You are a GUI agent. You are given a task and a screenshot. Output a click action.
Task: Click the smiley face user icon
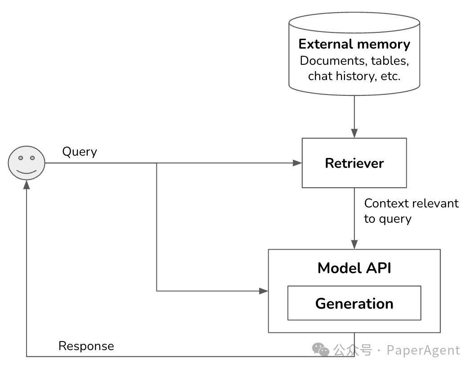(x=27, y=163)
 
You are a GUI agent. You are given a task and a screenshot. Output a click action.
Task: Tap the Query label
(x=80, y=152)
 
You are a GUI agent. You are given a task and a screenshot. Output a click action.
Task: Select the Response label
(x=86, y=346)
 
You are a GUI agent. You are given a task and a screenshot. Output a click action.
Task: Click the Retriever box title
(x=354, y=163)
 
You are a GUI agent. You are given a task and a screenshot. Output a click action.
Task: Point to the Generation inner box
(x=354, y=303)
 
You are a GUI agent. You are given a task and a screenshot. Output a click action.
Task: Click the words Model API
(x=354, y=268)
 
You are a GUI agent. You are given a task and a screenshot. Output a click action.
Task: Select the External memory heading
(x=354, y=44)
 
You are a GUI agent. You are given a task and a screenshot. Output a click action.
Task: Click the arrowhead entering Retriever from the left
(x=297, y=163)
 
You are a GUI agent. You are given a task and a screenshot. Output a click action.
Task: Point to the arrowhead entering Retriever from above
(x=354, y=133)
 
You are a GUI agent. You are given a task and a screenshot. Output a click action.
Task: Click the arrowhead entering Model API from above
(x=354, y=244)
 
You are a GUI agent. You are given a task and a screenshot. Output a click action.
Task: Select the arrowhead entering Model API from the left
(x=264, y=291)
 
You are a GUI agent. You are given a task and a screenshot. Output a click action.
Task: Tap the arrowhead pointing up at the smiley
(x=27, y=185)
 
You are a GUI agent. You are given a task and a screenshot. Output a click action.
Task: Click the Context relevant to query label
(x=412, y=211)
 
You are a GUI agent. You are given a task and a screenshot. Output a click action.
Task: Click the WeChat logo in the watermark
(x=321, y=350)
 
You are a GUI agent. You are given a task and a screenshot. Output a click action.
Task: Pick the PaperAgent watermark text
(x=423, y=351)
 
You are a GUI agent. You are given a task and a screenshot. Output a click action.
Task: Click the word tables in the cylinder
(x=390, y=61)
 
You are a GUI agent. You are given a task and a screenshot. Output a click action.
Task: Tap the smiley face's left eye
(x=21, y=158)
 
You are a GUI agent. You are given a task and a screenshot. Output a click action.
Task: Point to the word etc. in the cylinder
(x=390, y=76)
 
